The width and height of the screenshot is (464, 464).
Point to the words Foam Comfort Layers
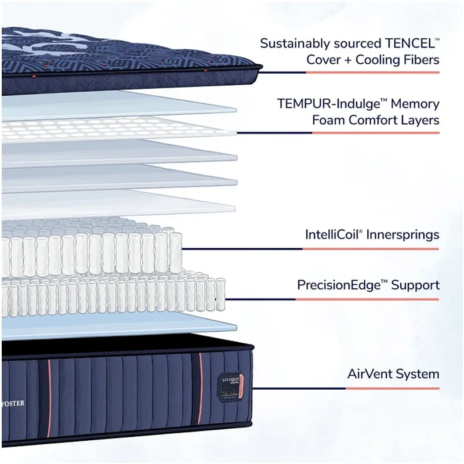tap(376, 121)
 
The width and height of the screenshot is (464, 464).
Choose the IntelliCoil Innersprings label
tap(372, 235)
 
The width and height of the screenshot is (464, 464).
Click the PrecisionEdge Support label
tap(368, 285)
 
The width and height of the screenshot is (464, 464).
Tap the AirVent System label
tap(393, 374)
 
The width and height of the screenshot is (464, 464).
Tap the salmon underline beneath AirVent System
tap(371, 388)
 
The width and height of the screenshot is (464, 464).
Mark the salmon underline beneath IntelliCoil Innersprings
tap(371, 249)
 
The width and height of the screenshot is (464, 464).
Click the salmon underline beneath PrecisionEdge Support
tap(371, 299)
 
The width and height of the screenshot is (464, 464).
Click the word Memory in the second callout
tap(415, 104)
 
